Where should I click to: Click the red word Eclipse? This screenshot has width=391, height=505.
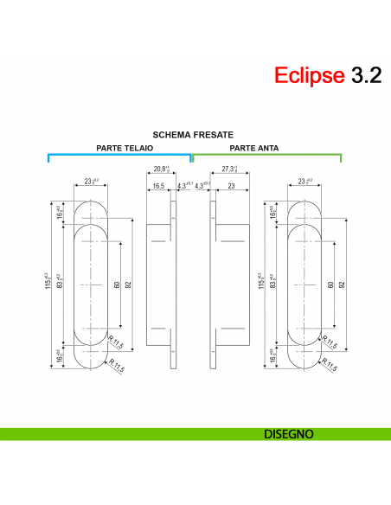tap(310, 75)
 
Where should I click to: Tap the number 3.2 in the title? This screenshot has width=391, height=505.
tap(364, 75)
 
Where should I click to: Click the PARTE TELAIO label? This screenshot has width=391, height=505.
tap(125, 148)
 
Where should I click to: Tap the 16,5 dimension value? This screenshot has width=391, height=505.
tap(158, 186)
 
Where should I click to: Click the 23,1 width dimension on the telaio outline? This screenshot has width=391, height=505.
tap(91, 181)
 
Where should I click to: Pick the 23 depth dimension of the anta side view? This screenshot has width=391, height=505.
tap(232, 186)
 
